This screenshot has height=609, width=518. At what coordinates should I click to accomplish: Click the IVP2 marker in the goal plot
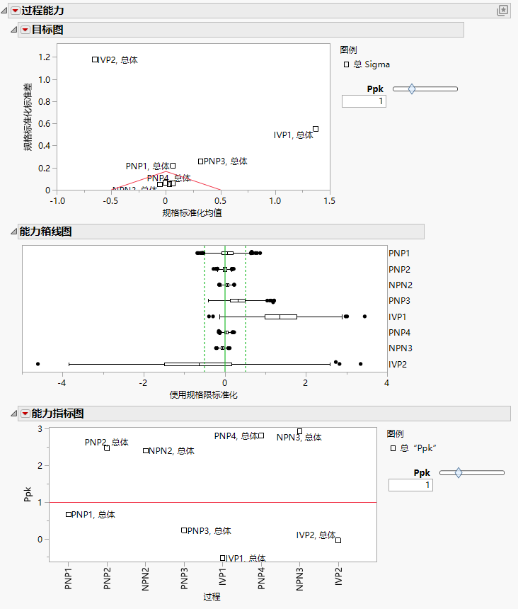click(x=95, y=59)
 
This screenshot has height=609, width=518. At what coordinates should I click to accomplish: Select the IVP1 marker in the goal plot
click(x=316, y=129)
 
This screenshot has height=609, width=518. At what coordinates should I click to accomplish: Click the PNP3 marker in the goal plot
click(x=200, y=161)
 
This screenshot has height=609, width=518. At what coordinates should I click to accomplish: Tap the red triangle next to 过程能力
click(x=15, y=10)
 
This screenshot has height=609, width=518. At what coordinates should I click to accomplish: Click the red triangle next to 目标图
click(x=25, y=29)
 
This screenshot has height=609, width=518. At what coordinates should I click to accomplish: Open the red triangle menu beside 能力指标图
click(x=25, y=414)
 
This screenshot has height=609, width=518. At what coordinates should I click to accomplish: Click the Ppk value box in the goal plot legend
click(x=364, y=101)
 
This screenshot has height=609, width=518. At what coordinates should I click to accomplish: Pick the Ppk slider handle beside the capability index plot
click(x=459, y=472)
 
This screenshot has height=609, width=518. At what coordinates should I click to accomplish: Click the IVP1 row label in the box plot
click(x=398, y=317)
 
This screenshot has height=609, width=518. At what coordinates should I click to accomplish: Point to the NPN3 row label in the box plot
click(x=400, y=348)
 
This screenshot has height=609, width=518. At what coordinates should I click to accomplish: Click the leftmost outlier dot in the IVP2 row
click(x=38, y=364)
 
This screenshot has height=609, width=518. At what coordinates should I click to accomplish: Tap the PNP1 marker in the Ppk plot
click(x=69, y=514)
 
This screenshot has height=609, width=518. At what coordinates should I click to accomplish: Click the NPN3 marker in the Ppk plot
click(x=299, y=431)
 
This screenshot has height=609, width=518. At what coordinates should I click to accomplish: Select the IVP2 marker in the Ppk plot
click(x=338, y=540)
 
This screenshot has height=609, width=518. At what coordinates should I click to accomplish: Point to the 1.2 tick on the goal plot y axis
click(x=44, y=57)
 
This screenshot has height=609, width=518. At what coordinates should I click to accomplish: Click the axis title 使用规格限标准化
click(x=204, y=395)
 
